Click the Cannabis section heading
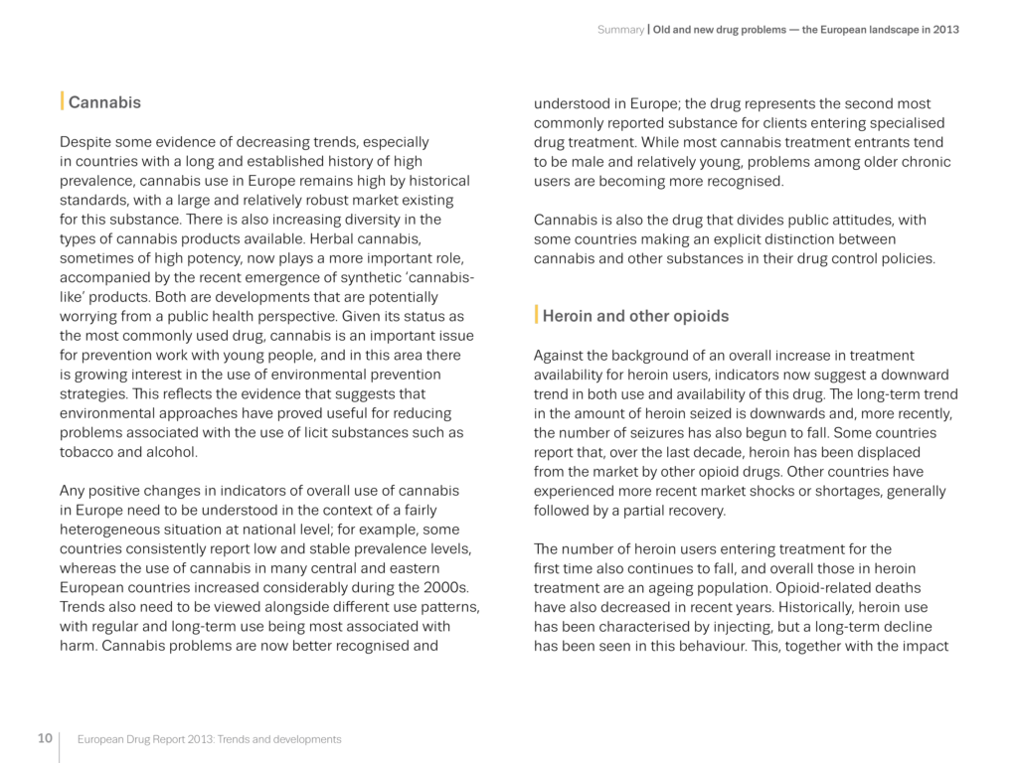pos(104,102)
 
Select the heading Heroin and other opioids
pos(635,316)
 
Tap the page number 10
pos(45,738)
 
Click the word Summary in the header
pos(620,30)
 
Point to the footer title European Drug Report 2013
pos(209,739)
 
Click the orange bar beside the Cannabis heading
pos(63,101)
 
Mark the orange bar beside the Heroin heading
pos(537,315)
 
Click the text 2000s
pos(448,587)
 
